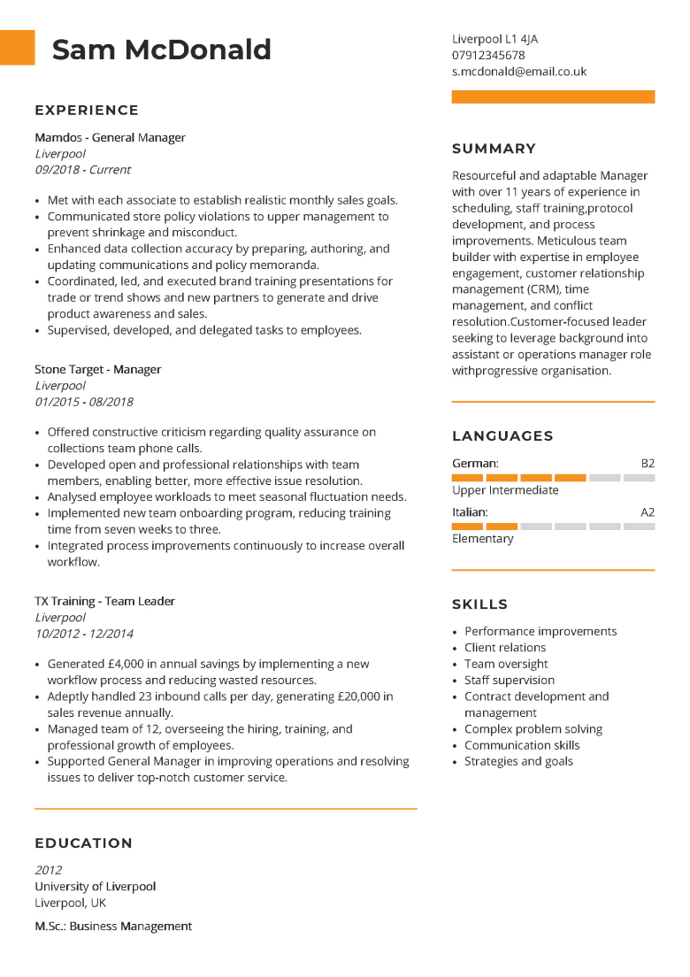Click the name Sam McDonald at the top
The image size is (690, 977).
(x=161, y=50)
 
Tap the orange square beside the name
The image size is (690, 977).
(x=17, y=48)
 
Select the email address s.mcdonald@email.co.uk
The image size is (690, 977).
(x=518, y=72)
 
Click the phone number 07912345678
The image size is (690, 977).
(x=488, y=55)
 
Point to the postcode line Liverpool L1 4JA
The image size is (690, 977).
(x=494, y=39)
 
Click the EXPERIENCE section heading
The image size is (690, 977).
(x=87, y=111)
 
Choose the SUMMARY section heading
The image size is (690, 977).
(x=494, y=149)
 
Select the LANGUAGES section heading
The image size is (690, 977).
(x=502, y=436)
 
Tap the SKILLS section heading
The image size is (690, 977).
(x=479, y=604)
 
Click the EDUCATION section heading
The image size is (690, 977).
(x=83, y=843)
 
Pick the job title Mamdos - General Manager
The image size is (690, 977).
(x=110, y=138)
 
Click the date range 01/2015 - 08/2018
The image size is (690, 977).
(x=84, y=402)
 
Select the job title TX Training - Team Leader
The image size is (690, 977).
(x=104, y=602)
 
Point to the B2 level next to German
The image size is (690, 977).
(x=648, y=464)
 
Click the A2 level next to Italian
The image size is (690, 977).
(x=648, y=512)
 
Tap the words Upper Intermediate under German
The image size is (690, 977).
(x=505, y=490)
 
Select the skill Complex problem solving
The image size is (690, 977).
(x=533, y=729)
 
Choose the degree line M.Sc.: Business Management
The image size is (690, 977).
(x=113, y=927)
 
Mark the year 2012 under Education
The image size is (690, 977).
(x=49, y=870)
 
